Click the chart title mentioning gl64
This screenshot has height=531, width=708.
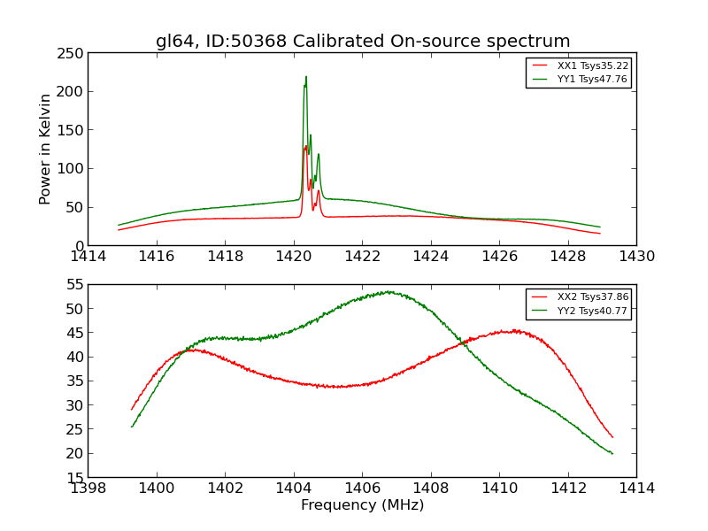(363, 42)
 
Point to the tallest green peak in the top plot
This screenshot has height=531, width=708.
(306, 77)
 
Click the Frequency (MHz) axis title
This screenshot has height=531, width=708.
(362, 505)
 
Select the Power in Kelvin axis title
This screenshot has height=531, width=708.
(46, 149)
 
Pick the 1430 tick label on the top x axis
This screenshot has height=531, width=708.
(636, 257)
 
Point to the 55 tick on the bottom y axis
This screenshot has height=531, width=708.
(73, 285)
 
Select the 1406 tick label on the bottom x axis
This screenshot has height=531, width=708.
(362, 488)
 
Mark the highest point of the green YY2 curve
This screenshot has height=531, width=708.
(388, 291)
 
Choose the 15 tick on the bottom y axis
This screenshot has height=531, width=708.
(73, 477)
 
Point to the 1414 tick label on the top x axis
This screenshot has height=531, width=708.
(88, 257)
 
